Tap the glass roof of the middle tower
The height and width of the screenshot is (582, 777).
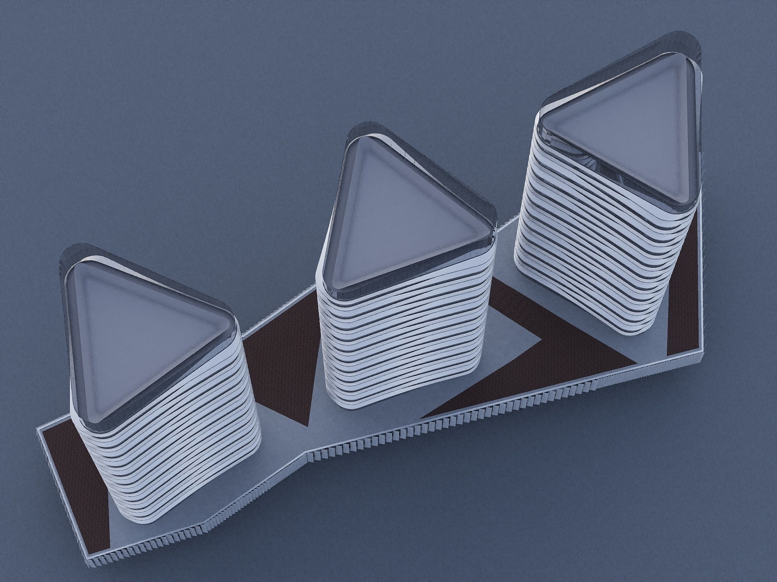tap(397, 207)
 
